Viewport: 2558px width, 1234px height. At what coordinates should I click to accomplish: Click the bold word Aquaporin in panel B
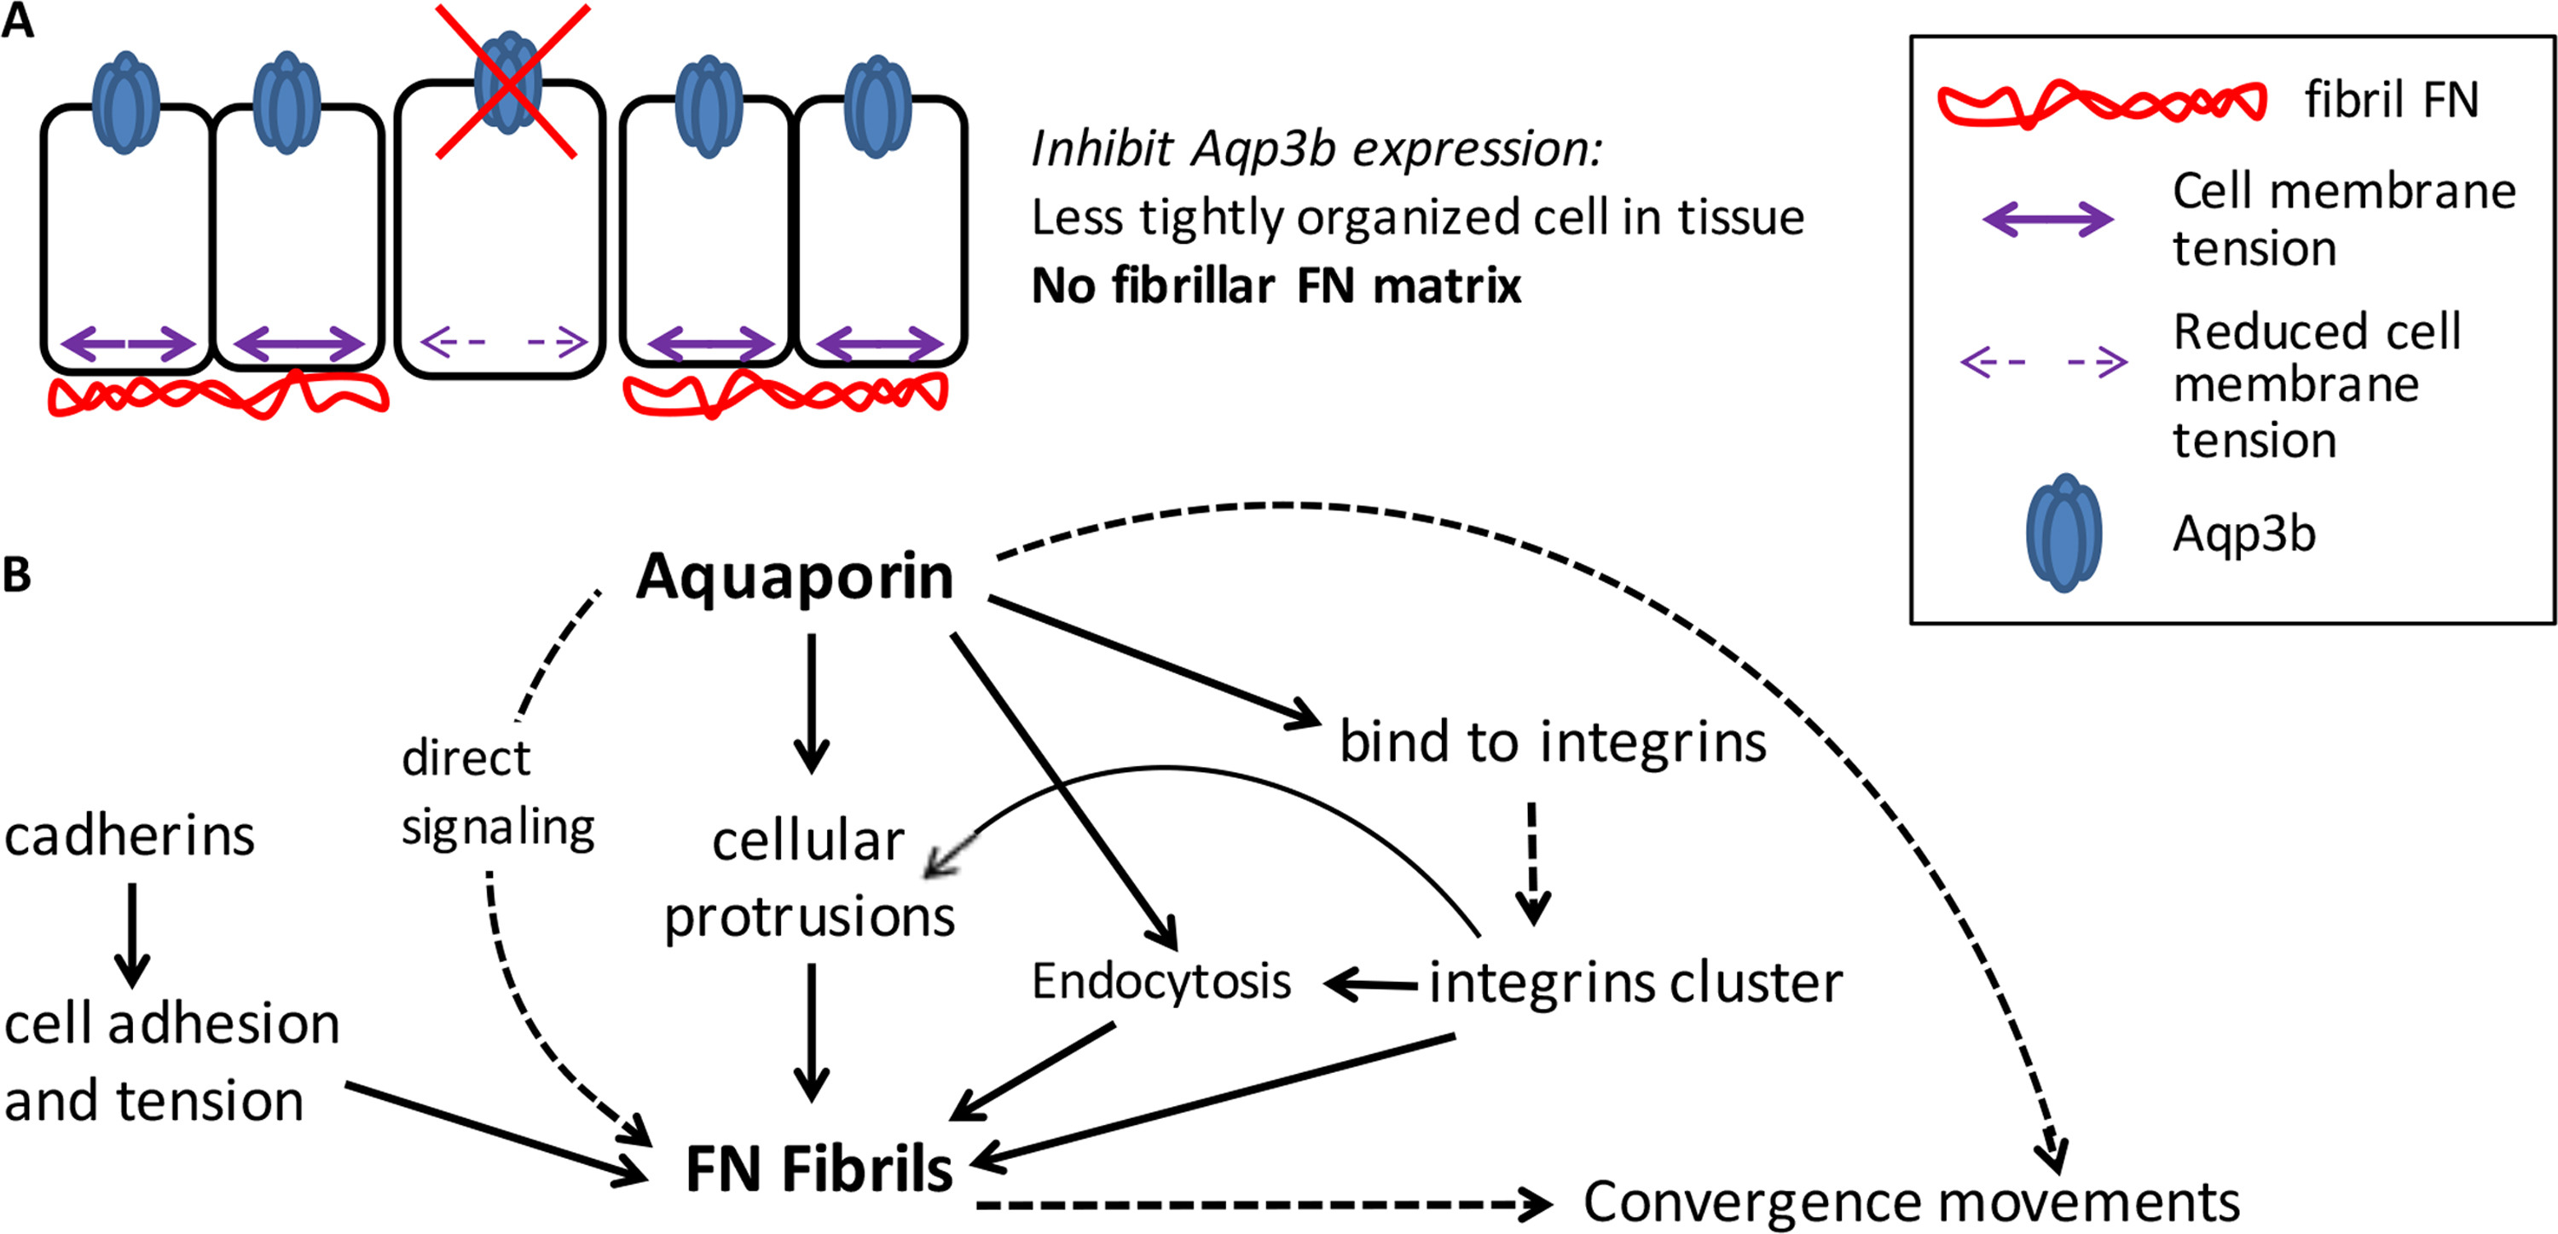pos(795,577)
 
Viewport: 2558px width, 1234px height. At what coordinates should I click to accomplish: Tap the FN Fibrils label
pos(819,1168)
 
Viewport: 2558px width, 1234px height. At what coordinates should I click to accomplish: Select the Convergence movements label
pos(1911,1202)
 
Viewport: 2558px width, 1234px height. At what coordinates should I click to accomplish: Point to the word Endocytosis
pos(1160,982)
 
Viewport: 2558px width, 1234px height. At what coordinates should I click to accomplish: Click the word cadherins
pos(129,836)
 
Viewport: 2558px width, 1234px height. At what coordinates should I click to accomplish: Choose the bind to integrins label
pos(1553,741)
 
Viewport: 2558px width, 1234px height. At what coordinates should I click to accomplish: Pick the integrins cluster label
pos(1635,983)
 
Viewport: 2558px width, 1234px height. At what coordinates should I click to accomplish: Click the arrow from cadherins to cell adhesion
pos(131,933)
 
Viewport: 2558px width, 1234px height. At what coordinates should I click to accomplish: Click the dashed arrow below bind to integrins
pos(1532,862)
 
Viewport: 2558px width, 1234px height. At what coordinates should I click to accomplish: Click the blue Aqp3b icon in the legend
pos(2063,533)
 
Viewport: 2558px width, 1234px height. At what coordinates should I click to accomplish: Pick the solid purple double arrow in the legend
pos(2047,219)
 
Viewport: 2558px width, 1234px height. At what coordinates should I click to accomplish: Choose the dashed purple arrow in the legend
pos(2044,361)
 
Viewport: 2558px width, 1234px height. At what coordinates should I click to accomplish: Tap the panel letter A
pos(18,22)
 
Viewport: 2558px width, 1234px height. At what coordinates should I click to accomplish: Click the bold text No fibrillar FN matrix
pos(1276,285)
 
